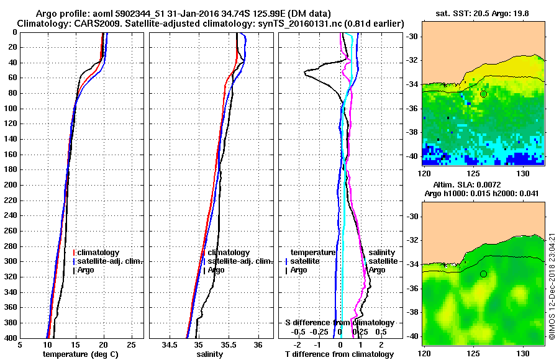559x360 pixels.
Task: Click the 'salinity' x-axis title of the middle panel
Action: [209, 354]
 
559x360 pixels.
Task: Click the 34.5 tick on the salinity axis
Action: [169, 345]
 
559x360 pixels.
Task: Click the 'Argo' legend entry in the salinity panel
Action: [216, 270]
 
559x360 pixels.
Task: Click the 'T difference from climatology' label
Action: [340, 354]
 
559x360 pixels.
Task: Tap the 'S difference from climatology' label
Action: [340, 323]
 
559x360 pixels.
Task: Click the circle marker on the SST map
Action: [483, 94]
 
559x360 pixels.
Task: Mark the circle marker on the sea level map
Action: [483, 274]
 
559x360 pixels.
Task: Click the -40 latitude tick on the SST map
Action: [412, 156]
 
